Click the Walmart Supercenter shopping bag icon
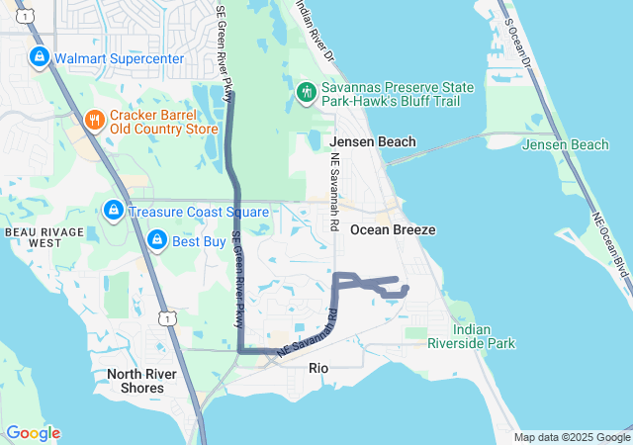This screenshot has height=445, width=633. pos(39,58)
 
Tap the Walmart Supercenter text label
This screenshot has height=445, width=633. pos(120,58)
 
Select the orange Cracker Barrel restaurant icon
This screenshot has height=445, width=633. pos(95,121)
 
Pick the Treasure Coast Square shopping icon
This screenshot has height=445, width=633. pos(114,211)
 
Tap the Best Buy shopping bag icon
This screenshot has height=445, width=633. pos(156,240)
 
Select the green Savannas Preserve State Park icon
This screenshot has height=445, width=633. pos(307,93)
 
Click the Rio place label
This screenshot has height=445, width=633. pos(318,368)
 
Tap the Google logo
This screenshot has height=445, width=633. pos(33,433)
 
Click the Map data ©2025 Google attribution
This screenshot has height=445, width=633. pos(571,437)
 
